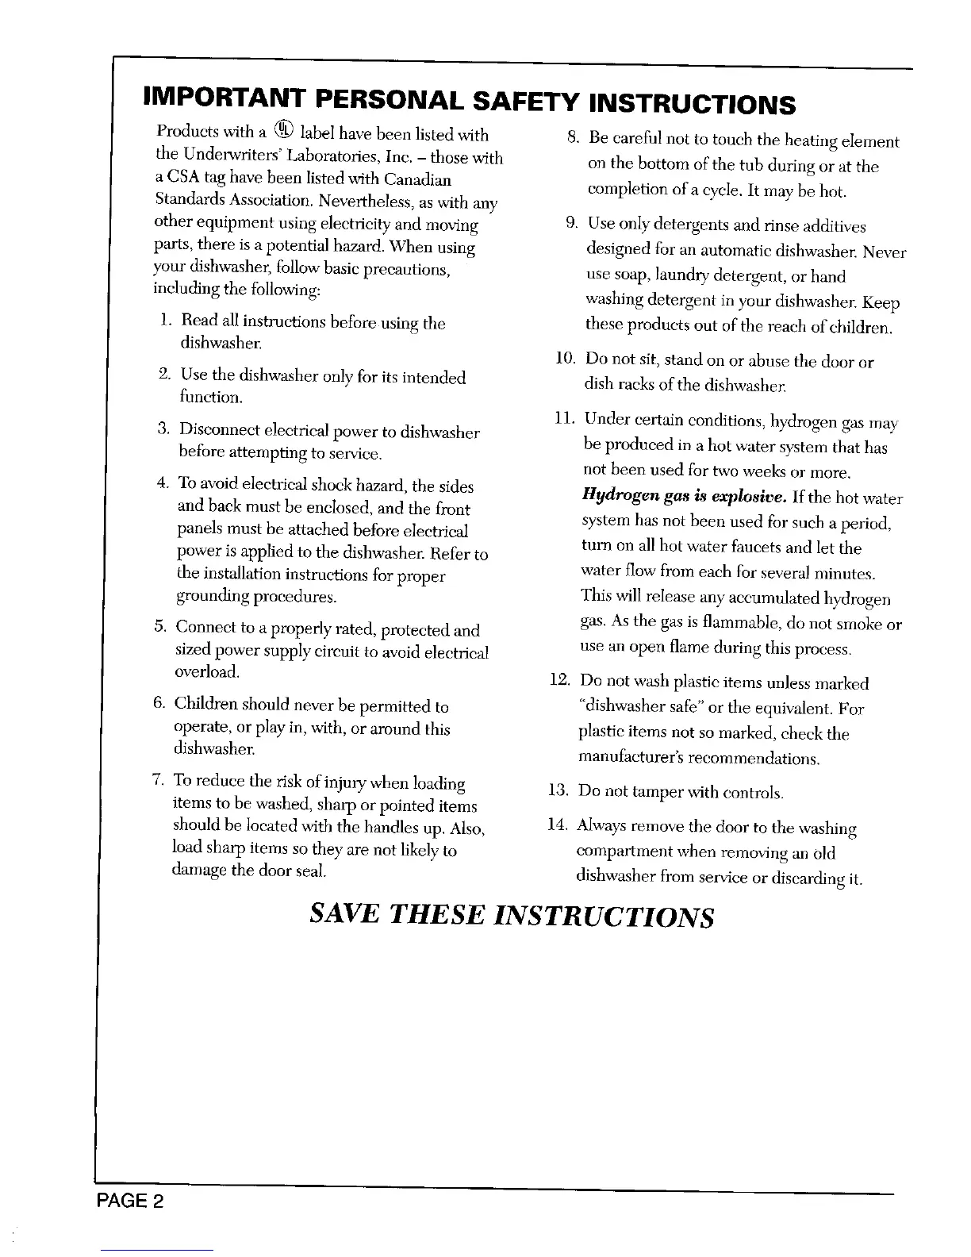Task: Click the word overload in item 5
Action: click(x=206, y=672)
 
